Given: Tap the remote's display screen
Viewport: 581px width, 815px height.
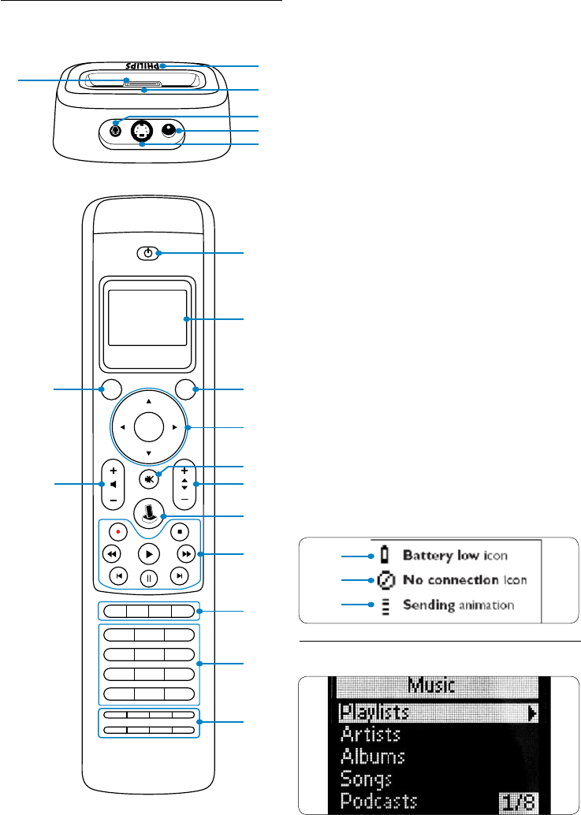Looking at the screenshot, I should (x=148, y=318).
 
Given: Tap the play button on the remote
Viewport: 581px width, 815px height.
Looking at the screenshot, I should (x=148, y=553).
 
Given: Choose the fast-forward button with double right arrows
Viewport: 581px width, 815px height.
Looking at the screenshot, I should (x=183, y=553).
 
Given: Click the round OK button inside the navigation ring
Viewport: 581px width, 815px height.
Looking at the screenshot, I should (x=148, y=427).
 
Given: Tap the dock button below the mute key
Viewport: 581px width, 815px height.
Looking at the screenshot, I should (x=148, y=511).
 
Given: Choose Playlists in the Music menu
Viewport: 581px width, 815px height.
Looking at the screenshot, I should (x=374, y=713).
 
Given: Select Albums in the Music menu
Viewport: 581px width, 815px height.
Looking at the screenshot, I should (x=372, y=757).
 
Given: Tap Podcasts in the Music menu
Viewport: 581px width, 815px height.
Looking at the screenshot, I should (x=378, y=801).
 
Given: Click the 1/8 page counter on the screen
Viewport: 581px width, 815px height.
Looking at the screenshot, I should (x=523, y=802).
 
